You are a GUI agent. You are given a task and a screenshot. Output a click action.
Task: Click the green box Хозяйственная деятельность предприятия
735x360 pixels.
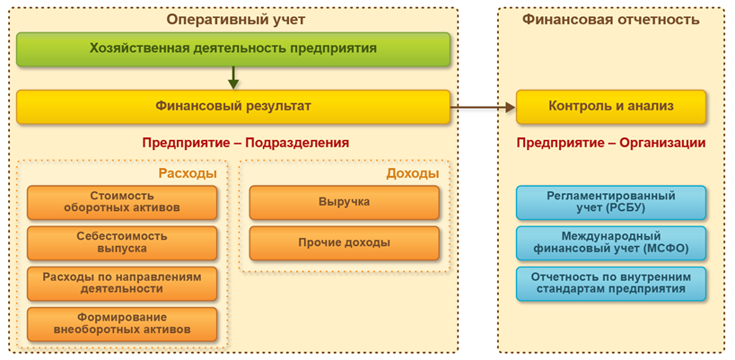tap(232, 48)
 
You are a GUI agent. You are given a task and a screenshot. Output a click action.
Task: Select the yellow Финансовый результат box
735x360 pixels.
tap(232, 107)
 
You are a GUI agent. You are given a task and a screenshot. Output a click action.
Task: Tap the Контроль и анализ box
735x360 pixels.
tap(610, 107)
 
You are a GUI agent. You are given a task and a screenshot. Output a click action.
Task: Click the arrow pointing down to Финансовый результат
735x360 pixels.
tap(232, 77)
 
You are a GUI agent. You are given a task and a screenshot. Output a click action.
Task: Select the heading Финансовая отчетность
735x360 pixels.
tap(610, 17)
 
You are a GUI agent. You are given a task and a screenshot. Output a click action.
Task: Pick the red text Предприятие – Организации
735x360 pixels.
tap(610, 143)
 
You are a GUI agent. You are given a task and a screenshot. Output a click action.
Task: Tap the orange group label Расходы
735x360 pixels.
tap(187, 172)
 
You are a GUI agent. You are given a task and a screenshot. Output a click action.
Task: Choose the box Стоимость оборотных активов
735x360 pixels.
tap(122, 202)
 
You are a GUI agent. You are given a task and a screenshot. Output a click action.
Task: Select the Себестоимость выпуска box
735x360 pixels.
tap(122, 242)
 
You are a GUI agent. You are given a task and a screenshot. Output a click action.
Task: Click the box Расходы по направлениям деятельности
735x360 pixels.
tap(122, 283)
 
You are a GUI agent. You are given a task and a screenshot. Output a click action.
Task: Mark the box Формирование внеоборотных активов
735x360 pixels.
tap(122, 323)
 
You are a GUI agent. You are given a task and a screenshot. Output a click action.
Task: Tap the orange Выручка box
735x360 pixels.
tap(345, 202)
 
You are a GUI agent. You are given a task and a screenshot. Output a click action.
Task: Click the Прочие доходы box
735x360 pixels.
tap(345, 242)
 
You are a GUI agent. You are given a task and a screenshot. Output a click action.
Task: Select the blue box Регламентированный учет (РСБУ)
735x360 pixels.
tap(610, 202)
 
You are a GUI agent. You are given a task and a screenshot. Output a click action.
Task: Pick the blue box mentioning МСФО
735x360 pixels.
tap(610, 242)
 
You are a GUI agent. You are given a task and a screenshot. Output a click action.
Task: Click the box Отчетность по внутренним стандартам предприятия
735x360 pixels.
tap(610, 283)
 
